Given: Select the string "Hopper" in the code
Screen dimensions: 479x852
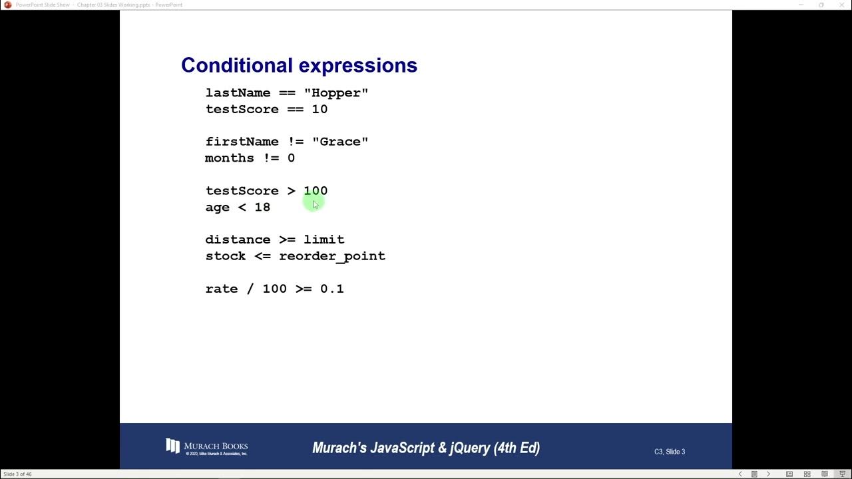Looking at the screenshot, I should coord(336,93).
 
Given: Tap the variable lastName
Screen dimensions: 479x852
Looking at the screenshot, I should coord(238,93).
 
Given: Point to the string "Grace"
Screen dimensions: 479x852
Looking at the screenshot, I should coord(340,142).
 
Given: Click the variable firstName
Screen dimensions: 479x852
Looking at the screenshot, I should coord(242,142).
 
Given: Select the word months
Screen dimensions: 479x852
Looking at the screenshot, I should coord(230,158).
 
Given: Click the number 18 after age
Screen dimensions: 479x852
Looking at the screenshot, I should coord(262,208).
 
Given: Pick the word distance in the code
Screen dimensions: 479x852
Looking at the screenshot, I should coord(238,239).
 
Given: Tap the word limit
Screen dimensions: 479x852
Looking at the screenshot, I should coord(324,239).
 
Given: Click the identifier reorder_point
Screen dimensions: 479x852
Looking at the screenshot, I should coord(332,256).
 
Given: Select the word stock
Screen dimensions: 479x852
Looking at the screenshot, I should coord(226,256).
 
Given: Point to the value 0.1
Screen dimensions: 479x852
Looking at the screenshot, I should coord(332,289).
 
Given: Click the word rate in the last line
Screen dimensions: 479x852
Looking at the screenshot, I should coord(222,289).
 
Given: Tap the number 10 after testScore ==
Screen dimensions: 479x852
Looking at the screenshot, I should coord(319,110).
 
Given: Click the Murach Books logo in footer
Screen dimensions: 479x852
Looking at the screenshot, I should coord(206,446).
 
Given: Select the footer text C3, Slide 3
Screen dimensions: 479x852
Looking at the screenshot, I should coord(669,452).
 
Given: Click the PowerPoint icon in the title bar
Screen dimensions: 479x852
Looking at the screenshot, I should coord(8,5).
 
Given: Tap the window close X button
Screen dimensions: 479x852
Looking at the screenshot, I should coord(841,5).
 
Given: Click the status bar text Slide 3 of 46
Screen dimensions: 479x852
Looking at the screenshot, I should coord(17,474).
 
